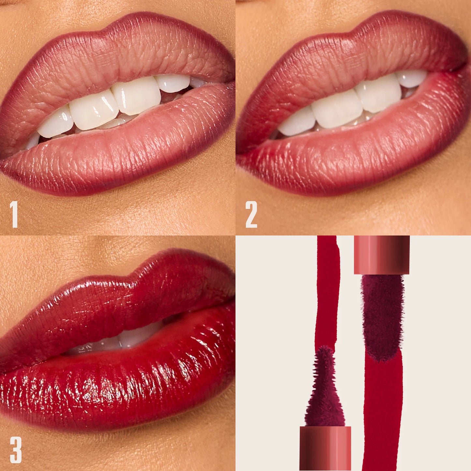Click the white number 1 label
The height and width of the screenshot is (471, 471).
[14, 214]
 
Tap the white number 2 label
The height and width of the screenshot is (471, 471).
[251, 214]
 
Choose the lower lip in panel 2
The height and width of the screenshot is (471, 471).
[359, 153]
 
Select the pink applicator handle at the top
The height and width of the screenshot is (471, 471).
[382, 254]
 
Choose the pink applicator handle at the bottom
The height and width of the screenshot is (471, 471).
[325, 448]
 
